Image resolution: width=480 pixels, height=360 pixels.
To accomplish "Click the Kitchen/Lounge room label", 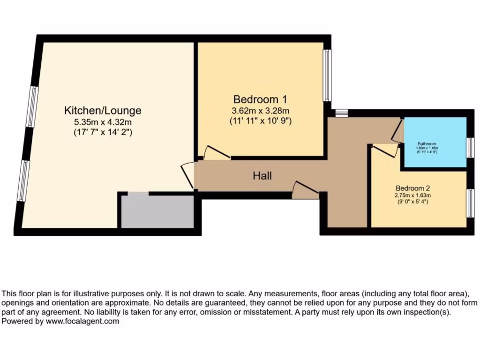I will pyautogui.click(x=103, y=111).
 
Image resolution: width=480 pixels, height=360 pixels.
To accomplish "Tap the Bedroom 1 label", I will pyautogui.click(x=260, y=99).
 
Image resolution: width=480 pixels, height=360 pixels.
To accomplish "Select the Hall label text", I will pyautogui.click(x=262, y=176).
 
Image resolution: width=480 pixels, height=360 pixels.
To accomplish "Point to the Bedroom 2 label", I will pyautogui.click(x=412, y=186).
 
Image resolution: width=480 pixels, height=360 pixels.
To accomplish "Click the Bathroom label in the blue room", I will pyautogui.click(x=427, y=144).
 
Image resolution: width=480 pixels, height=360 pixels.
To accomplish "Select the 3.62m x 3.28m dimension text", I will pyautogui.click(x=260, y=111).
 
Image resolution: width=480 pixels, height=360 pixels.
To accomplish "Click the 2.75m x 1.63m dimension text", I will pyautogui.click(x=412, y=195).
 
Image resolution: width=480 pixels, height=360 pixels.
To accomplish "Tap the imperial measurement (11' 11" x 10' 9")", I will pyautogui.click(x=260, y=120).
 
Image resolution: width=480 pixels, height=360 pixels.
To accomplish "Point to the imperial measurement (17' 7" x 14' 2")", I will pyautogui.click(x=103, y=132).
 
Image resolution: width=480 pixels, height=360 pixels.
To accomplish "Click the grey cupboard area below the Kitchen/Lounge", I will pyautogui.click(x=157, y=211).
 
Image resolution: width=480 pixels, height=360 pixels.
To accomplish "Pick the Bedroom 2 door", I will pyautogui.click(x=384, y=150).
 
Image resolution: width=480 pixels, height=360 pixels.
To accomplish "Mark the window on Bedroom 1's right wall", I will pyautogui.click(x=327, y=75).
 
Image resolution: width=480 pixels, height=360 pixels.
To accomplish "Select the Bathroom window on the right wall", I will pyautogui.click(x=470, y=148).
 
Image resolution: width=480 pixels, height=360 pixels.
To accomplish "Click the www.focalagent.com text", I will pyautogui.click(x=82, y=322).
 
